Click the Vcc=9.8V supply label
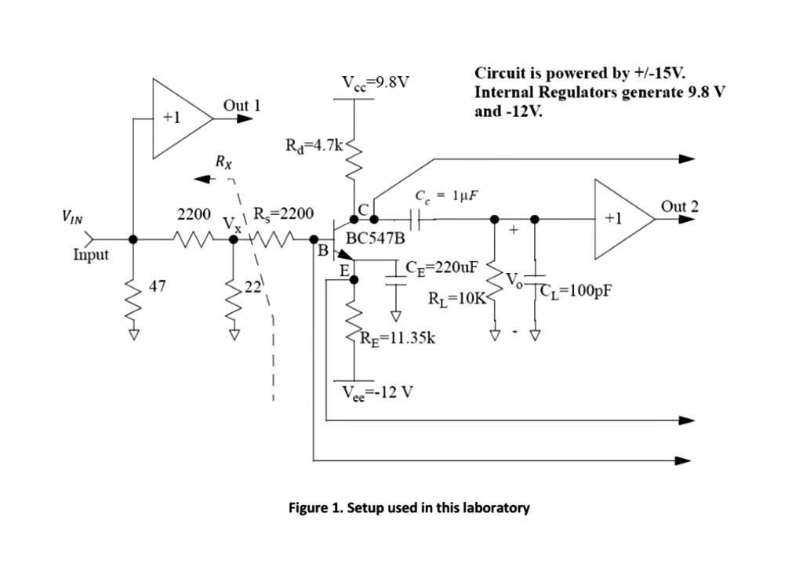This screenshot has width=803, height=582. (x=376, y=82)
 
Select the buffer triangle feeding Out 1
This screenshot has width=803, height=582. (x=179, y=117)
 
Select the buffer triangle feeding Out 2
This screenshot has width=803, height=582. (x=620, y=219)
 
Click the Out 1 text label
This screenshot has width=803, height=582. (x=242, y=105)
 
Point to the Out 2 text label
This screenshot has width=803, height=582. (x=679, y=207)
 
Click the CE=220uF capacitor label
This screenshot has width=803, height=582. (x=442, y=267)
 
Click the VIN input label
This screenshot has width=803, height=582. (x=75, y=216)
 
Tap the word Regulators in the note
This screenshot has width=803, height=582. (x=564, y=92)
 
